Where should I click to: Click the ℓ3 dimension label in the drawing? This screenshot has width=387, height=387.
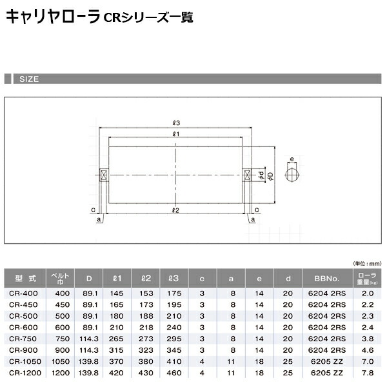pyautogui.click(x=176, y=123)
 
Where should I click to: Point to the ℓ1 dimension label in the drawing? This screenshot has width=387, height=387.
pyautogui.click(x=176, y=134)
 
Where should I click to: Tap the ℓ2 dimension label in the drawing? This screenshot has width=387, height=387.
pyautogui.click(x=176, y=210)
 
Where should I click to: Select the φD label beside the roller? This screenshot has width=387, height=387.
pyautogui.click(x=270, y=176)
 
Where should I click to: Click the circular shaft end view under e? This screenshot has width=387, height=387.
pyautogui.click(x=292, y=174)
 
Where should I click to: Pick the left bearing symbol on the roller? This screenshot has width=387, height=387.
pyautogui.click(x=102, y=174)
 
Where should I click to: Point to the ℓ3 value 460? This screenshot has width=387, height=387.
pyautogui.click(x=174, y=373)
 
